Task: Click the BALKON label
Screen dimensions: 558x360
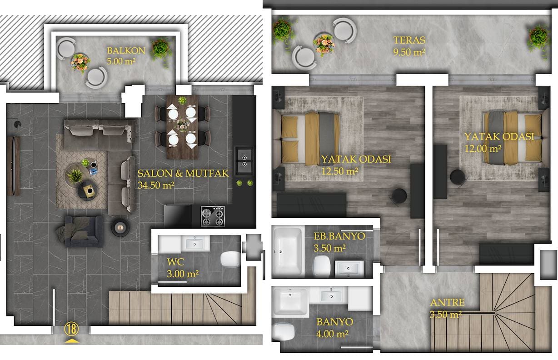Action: [x=126, y=51]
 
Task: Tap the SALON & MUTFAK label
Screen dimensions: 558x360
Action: [x=183, y=173]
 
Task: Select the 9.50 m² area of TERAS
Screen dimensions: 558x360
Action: [x=409, y=52]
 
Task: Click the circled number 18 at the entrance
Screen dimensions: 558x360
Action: [x=71, y=329]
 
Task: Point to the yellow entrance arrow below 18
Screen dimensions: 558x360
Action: [x=72, y=341]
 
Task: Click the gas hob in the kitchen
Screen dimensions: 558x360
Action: [x=213, y=216]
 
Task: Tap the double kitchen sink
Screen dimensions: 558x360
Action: [x=244, y=161]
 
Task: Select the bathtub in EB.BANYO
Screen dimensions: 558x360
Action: [x=289, y=251]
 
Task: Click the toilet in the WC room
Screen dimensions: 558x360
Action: [x=230, y=259]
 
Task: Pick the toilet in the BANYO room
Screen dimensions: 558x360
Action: [x=284, y=332]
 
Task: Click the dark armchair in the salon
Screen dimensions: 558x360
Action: [x=82, y=231]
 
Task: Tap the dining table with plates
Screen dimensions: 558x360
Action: [x=182, y=127]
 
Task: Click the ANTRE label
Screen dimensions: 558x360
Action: [x=448, y=302]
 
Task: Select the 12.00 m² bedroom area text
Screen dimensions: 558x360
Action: [x=483, y=149]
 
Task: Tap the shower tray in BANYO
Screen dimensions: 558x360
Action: [x=290, y=302]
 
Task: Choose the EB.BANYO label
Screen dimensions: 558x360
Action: [x=339, y=236]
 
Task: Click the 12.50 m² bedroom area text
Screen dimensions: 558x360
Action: [x=339, y=171]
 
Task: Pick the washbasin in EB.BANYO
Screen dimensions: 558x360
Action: [x=349, y=269]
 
